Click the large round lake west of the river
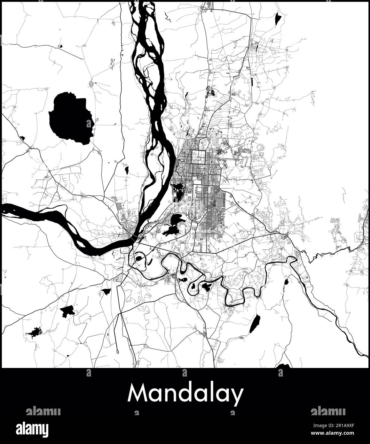pos(70,118)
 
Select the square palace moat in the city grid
pos(200,155)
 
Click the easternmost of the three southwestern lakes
pos(106,291)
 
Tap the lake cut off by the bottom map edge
pos(283,366)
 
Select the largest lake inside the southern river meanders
pos(206,287)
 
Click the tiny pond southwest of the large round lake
pos(22,138)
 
